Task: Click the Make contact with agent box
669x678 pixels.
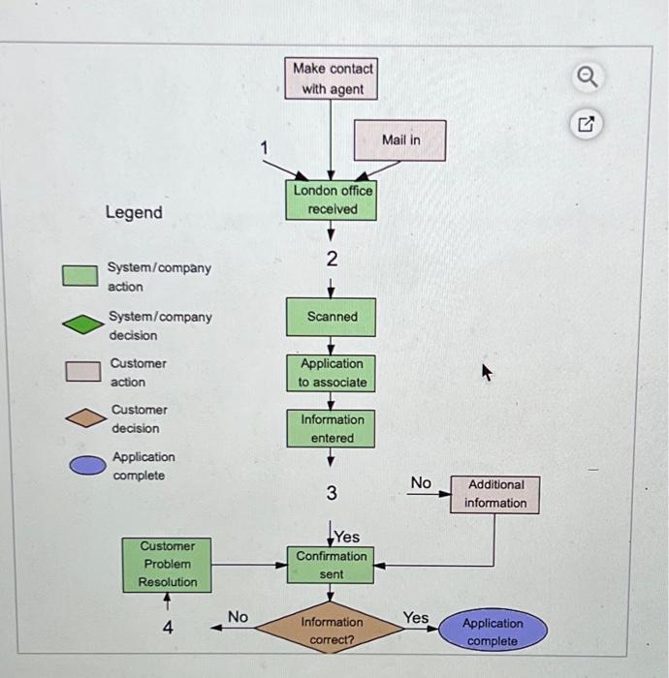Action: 332,78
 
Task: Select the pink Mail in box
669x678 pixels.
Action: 400,140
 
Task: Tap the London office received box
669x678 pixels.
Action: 333,200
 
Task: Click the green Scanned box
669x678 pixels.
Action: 332,317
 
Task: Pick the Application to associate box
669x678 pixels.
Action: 332,373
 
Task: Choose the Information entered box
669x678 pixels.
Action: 332,429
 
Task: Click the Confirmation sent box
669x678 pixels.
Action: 332,565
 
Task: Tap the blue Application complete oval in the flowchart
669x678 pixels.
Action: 492,632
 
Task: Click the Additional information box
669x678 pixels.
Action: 494,494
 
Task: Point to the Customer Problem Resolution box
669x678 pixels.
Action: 167,564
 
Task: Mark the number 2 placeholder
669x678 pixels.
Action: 332,259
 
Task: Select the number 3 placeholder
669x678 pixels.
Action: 332,494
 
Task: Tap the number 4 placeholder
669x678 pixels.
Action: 168,628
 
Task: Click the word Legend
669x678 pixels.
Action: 134,212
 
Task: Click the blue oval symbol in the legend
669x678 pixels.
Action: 86,466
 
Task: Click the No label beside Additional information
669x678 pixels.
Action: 421,482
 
